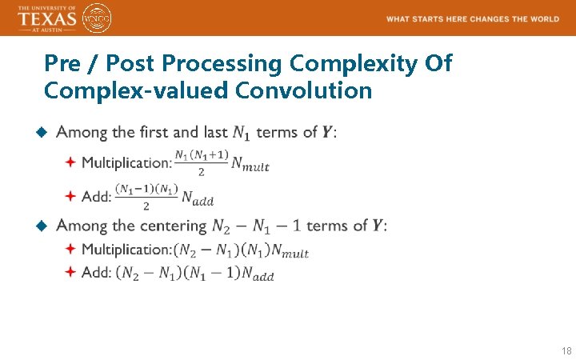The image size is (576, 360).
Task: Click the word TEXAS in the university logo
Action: [47, 18]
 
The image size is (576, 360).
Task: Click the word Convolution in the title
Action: [304, 90]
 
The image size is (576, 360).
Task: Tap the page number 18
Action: [566, 351]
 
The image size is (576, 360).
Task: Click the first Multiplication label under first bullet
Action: [126, 162]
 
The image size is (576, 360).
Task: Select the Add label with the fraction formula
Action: [96, 196]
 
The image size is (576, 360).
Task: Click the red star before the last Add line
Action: [70, 272]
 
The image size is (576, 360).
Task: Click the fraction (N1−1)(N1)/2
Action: [146, 196]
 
